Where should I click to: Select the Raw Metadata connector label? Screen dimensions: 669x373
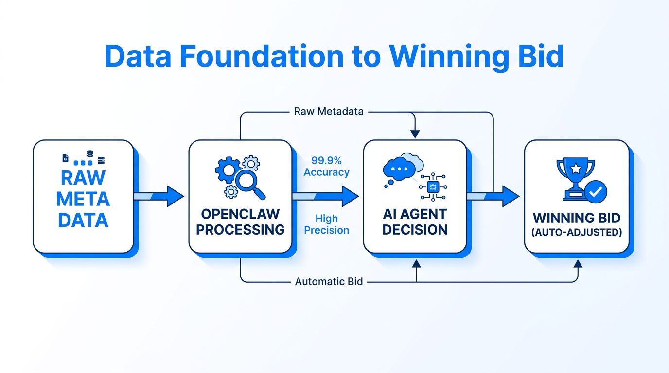point(329,112)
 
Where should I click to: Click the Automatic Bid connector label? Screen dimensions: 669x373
point(329,282)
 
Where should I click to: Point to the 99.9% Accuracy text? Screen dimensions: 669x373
point(326,166)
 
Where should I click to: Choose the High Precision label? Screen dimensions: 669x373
point(326,224)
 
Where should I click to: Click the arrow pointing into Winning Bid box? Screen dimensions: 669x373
point(493,196)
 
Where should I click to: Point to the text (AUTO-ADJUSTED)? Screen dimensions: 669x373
point(577,232)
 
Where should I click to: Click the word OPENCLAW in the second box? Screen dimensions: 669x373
point(240,214)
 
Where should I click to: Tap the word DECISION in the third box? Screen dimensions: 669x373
point(415,229)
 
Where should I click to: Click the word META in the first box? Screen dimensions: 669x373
point(83,199)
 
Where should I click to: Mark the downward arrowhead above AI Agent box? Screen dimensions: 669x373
point(415,134)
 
